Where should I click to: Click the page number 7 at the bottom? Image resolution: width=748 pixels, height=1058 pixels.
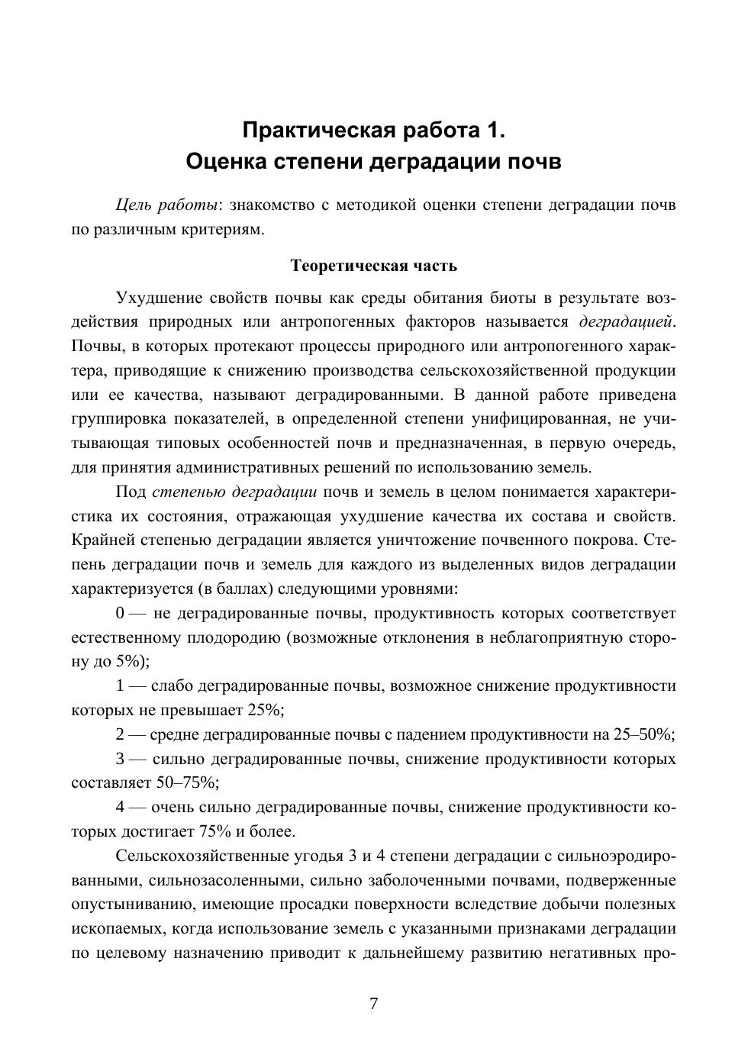[373, 1004]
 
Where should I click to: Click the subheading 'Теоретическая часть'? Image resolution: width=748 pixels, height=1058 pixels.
[374, 266]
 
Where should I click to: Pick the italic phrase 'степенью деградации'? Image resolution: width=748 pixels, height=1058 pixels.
[234, 492]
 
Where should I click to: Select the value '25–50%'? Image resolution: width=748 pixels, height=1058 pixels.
[643, 735]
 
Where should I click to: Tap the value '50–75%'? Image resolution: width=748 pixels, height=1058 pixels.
[189, 783]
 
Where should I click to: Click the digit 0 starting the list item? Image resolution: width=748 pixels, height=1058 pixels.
[121, 614]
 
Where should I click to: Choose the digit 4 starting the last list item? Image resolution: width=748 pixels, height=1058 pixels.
[121, 808]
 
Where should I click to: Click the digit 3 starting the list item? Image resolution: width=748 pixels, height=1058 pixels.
[121, 760]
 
